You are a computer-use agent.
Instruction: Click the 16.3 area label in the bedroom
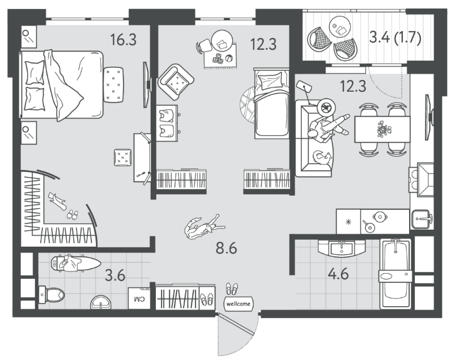point(124,40)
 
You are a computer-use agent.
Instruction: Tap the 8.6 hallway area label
point(226,248)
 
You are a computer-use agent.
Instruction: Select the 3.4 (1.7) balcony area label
point(395,38)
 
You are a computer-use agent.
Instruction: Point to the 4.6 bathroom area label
point(338,274)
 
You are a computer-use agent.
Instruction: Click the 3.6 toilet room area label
point(115,275)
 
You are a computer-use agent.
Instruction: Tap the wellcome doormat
point(238,304)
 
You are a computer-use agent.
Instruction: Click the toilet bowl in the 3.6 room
point(52,294)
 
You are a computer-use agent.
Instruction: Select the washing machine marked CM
point(139,298)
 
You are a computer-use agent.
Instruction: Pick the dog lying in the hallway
point(205,227)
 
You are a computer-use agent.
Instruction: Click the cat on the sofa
point(321,158)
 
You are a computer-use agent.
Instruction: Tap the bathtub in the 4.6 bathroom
point(396,274)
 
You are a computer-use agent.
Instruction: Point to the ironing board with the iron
point(75,263)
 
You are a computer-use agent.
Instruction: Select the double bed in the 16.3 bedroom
point(62,85)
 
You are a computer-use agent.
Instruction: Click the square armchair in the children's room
point(176,82)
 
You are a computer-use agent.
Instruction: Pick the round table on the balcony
point(340,27)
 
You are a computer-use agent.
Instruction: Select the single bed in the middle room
point(272,104)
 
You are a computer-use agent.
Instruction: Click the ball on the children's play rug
point(229,58)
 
